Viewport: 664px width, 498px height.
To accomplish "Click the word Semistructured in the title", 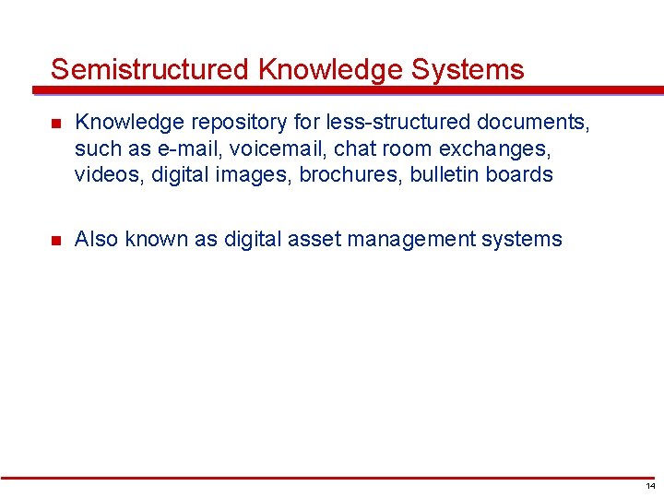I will [x=149, y=69].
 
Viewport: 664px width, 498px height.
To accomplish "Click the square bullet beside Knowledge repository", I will [x=55, y=122].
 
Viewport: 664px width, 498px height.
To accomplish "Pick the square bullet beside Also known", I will [x=55, y=241].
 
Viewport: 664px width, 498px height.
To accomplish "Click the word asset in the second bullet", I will [x=314, y=240].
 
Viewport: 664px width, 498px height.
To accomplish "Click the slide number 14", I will [x=651, y=486].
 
